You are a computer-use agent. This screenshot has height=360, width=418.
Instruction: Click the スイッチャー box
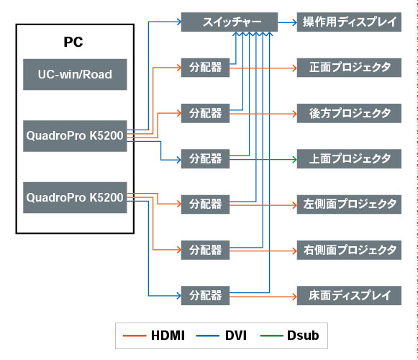coord(230,22)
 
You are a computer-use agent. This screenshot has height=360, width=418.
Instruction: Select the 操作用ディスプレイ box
coord(349,22)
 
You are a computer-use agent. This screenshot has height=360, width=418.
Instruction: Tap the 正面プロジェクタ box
coord(349,68)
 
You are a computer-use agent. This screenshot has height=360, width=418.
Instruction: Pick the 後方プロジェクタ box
coord(349,113)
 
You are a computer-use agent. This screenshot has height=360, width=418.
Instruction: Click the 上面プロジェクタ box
coord(349,159)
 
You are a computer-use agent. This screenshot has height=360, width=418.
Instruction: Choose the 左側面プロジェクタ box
coord(349,204)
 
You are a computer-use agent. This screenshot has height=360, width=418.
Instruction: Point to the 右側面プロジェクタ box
coord(349,250)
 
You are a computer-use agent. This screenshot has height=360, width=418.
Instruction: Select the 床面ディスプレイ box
coord(349,296)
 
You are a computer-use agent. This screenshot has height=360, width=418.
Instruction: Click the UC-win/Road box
coord(75,74)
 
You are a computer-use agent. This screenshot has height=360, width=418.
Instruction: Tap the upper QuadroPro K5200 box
coord(75,136)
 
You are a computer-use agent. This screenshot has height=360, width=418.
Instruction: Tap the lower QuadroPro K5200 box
coord(75,197)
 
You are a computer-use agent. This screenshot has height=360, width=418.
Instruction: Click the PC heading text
coord(73,42)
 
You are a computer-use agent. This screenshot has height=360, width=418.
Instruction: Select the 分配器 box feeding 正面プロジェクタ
coord(205,68)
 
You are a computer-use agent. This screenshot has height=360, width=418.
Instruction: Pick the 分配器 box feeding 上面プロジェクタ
coord(205,159)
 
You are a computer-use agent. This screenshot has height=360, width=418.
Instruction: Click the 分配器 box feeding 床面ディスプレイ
coord(205,296)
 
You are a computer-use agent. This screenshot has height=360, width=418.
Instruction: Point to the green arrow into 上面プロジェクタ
coord(263,160)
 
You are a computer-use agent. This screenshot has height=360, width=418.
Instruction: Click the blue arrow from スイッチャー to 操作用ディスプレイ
coord(287,22)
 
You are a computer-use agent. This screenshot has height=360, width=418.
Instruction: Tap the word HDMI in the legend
coord(168,336)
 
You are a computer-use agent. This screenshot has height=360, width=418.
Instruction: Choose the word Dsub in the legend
coord(303,336)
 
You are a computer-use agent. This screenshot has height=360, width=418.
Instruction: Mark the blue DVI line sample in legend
coord(208,336)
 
